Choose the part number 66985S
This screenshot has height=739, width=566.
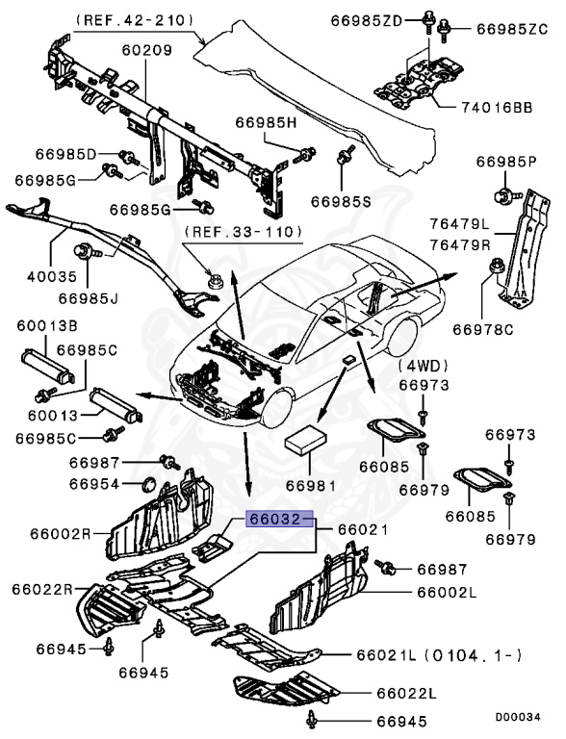click(341, 201)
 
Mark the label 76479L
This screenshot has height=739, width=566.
click(458, 224)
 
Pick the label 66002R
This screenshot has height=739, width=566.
click(39, 532)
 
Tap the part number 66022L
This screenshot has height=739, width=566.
click(406, 693)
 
